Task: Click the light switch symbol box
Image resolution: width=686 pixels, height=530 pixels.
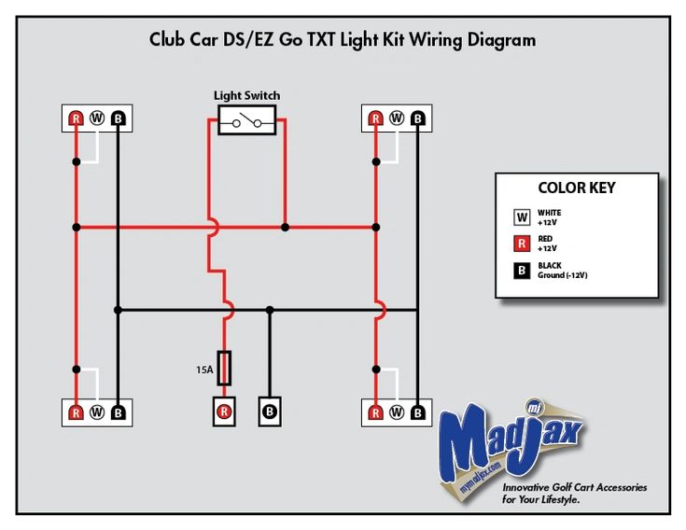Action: [246, 119]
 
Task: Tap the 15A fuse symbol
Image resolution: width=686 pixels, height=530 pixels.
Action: [224, 369]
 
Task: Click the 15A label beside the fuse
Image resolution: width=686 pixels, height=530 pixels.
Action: [204, 370]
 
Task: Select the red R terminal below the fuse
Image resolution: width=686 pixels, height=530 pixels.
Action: [224, 411]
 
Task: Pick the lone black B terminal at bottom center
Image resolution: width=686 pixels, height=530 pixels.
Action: [270, 411]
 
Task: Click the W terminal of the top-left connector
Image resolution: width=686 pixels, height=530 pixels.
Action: [97, 119]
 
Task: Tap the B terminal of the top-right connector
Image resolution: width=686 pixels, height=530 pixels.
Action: [418, 119]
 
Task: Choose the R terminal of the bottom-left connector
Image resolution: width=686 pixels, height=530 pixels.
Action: [77, 412]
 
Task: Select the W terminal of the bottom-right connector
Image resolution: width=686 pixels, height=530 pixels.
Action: [397, 412]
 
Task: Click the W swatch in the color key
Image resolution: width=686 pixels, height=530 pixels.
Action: [522, 216]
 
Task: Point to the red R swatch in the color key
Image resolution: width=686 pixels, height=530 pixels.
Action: [522, 244]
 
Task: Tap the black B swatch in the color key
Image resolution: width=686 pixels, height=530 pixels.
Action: [522, 271]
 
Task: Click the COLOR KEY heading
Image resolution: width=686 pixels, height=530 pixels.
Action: [577, 188]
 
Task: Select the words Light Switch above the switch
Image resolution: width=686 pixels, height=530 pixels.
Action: [246, 95]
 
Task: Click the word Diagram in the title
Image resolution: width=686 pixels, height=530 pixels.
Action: [501, 40]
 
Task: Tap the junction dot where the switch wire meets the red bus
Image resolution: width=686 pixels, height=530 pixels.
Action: [285, 228]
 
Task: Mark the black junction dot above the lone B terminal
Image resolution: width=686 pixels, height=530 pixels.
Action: [270, 310]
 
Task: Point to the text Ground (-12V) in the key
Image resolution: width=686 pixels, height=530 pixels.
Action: [563, 275]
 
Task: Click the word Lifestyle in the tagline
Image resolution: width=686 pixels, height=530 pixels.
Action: [560, 499]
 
